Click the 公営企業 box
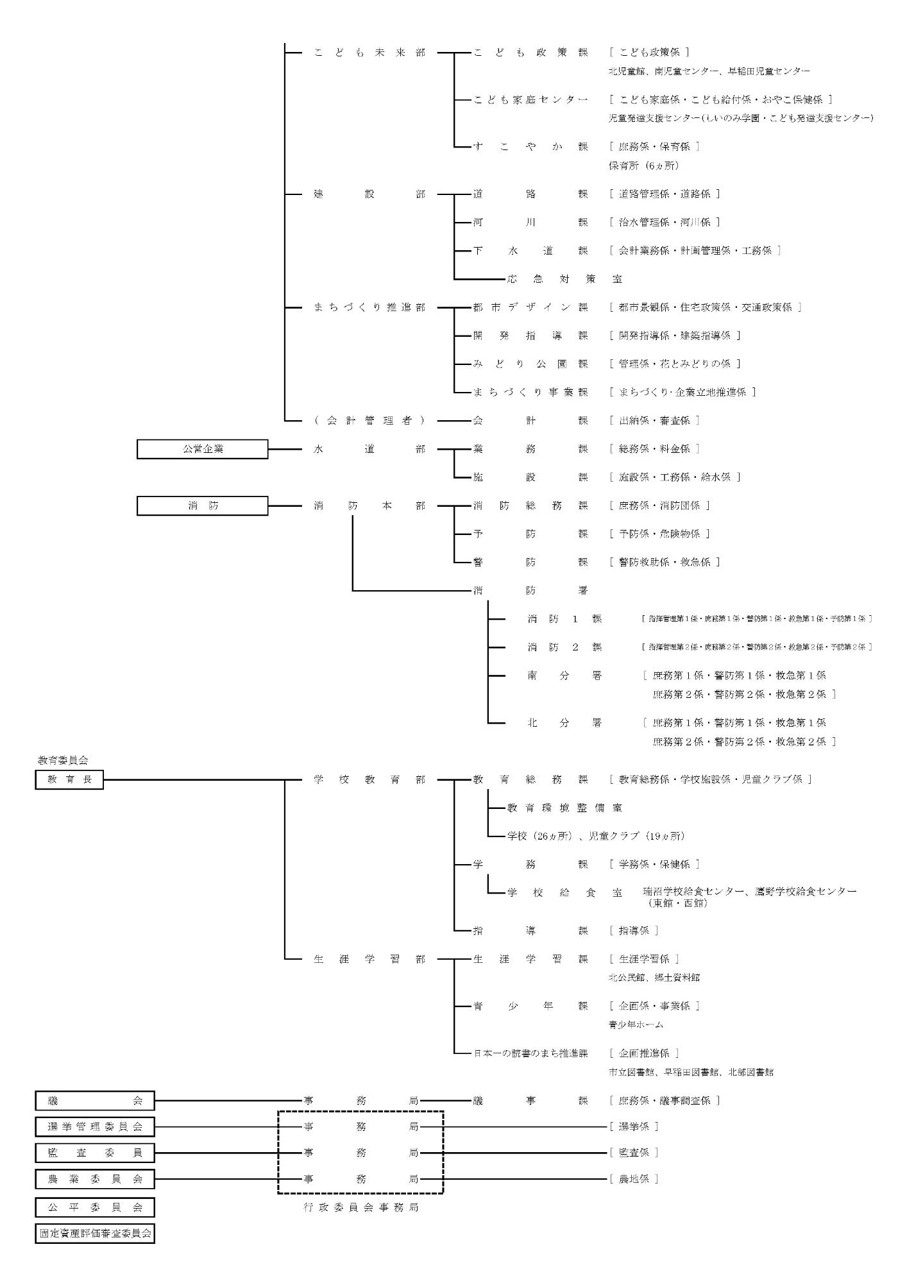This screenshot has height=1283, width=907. coord(202,449)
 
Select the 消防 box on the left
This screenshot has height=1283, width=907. coord(202,506)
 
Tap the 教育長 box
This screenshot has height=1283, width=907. coord(69,779)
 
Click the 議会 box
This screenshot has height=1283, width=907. coord(95,1101)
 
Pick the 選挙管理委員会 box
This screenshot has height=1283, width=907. coord(95,1126)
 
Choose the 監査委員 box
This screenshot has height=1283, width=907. coord(95,1153)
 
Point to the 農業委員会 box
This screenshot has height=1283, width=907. coord(95,1179)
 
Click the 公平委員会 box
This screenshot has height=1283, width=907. coord(95,1207)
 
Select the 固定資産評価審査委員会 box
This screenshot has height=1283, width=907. coord(95,1233)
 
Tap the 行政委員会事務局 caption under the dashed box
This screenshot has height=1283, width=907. coord(360,1207)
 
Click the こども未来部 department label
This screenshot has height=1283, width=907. coord(369,53)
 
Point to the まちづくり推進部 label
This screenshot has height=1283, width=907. coord(369,307)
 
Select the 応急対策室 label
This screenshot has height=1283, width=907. coord(564,279)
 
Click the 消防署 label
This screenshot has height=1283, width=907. coord(530,590)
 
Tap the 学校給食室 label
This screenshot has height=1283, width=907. coord(564,892)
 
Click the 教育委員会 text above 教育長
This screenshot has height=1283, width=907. coord(62,760)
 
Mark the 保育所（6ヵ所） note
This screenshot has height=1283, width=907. coord(643,166)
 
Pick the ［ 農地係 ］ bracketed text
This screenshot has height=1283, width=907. coord(634,1179)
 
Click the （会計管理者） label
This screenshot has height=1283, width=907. coord(369,421)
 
